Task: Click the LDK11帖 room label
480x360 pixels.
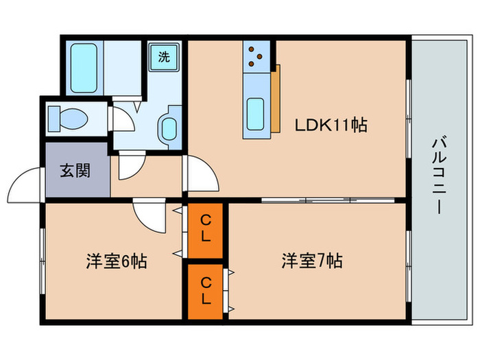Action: tap(331, 125)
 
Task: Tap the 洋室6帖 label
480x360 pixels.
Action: tap(116, 261)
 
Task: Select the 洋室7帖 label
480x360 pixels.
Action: tap(312, 261)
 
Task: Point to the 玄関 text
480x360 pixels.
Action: tap(75, 170)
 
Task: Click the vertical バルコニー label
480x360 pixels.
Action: tap(437, 175)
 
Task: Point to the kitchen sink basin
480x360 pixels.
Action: tap(256, 112)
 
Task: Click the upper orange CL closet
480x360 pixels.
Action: tap(205, 230)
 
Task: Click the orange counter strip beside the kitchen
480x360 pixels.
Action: tap(275, 99)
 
